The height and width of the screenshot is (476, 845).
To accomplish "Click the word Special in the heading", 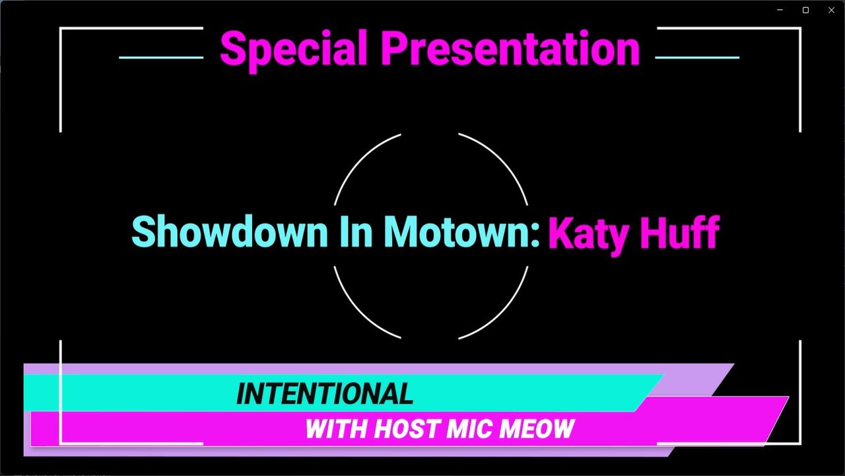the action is tap(294, 50).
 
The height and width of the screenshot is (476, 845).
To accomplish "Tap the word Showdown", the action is tap(229, 231).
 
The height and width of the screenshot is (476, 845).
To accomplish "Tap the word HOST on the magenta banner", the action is tap(408, 429).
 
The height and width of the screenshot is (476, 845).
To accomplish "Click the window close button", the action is tap(831, 10).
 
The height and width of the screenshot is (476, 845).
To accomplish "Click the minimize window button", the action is tap(780, 10).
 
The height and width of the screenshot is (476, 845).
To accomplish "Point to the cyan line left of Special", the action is tap(161, 58).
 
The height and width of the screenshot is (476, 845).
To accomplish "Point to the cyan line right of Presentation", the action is tap(697, 58).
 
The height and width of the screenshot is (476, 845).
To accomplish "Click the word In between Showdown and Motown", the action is tap(356, 231).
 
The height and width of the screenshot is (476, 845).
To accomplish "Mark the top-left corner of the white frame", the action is tap(60, 28).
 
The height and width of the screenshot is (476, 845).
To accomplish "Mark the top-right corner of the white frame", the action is tap(800, 28).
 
